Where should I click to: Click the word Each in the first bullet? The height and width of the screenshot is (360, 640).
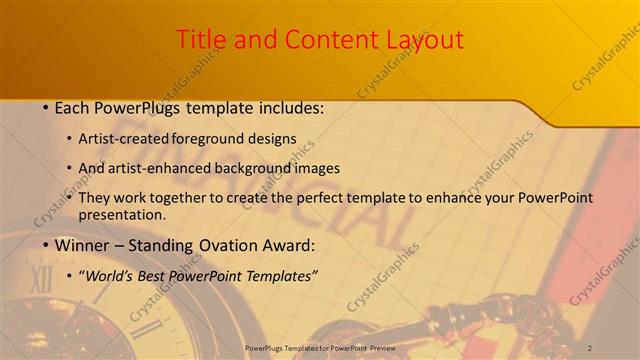point(73,107)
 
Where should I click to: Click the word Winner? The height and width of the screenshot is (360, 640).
point(82,246)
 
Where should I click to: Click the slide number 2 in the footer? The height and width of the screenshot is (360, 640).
point(590,348)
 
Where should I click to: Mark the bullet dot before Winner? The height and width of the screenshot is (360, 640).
point(46,246)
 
